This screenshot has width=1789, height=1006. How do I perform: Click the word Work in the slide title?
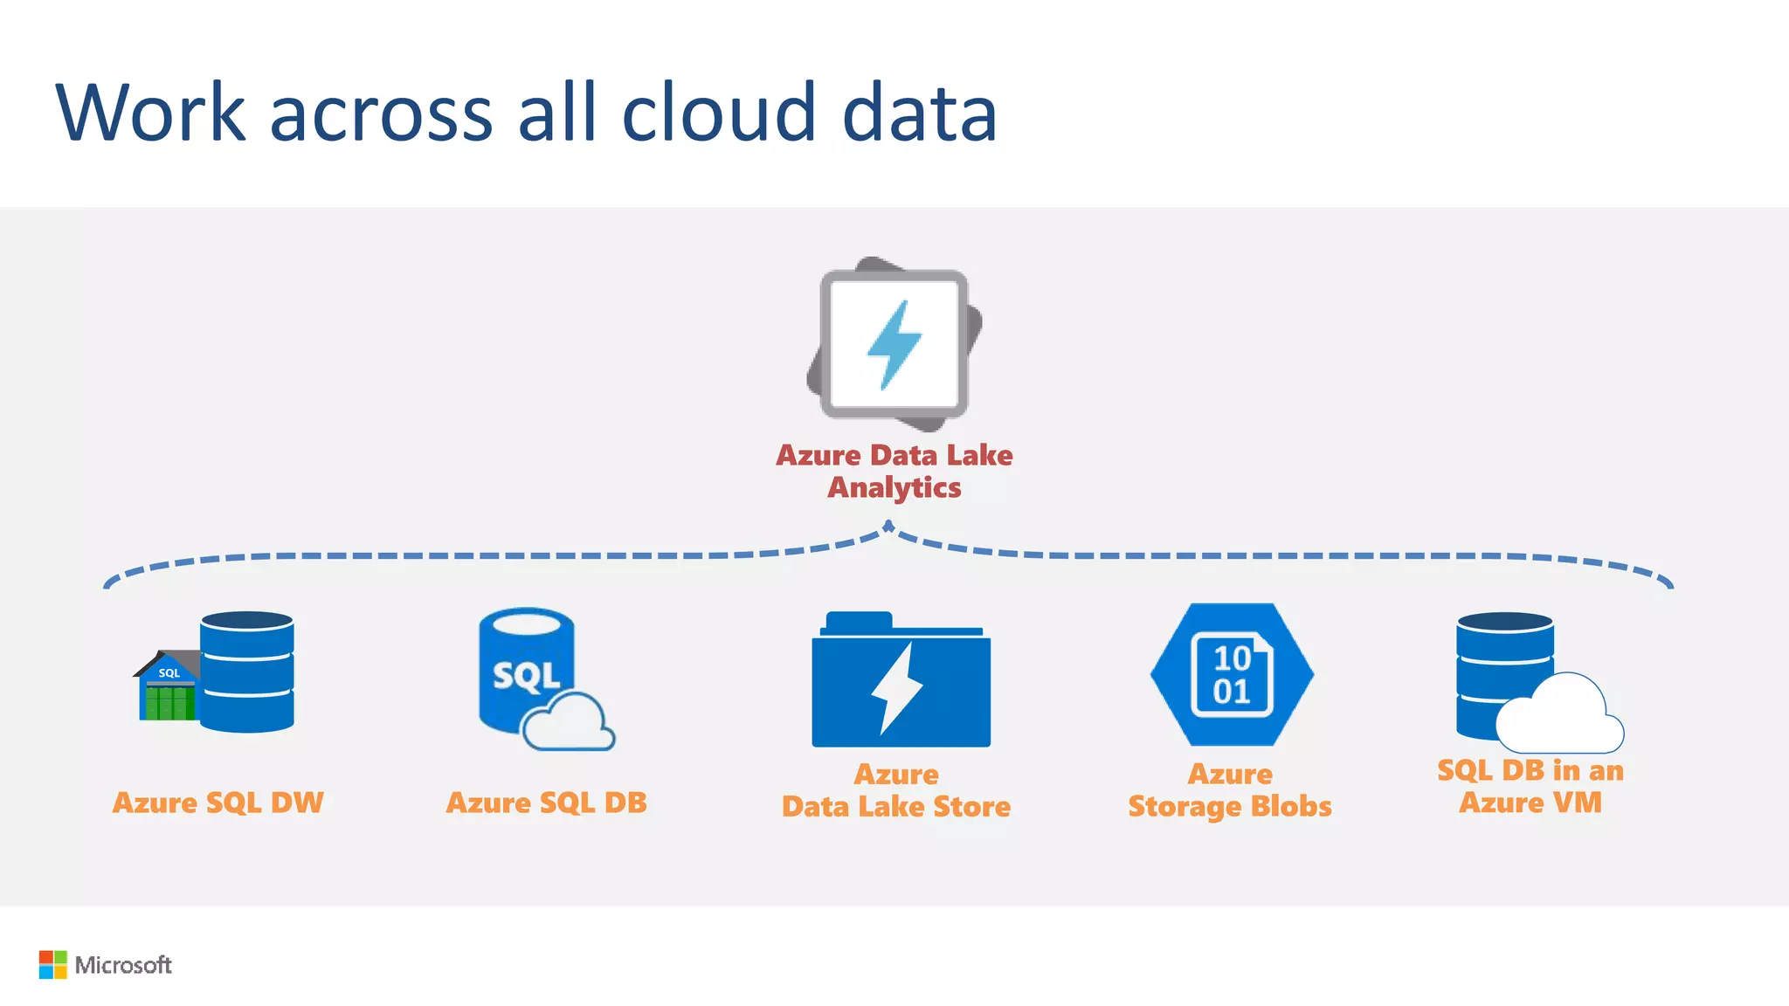click(151, 113)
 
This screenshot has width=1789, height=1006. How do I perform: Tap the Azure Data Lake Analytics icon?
click(894, 344)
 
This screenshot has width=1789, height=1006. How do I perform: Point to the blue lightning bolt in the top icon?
click(894, 344)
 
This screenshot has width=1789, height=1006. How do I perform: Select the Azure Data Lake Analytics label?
click(894, 472)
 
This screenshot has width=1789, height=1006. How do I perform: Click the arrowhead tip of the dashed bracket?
click(888, 526)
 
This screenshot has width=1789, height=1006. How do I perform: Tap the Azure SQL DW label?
click(218, 803)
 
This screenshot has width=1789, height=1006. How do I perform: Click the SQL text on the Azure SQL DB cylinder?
click(526, 676)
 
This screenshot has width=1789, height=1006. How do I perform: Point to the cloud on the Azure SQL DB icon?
click(568, 722)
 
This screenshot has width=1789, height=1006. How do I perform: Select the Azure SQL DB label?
click(546, 803)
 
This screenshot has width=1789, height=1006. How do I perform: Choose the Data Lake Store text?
click(896, 807)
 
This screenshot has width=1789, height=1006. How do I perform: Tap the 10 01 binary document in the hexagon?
click(1232, 675)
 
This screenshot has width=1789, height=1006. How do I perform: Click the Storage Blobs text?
click(1230, 807)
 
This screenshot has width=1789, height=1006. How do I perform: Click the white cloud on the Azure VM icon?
click(1560, 716)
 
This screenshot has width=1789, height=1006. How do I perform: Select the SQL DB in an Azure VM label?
click(1530, 786)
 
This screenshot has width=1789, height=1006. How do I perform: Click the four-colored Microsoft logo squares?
click(52, 965)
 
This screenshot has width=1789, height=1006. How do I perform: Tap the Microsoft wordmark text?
click(123, 965)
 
